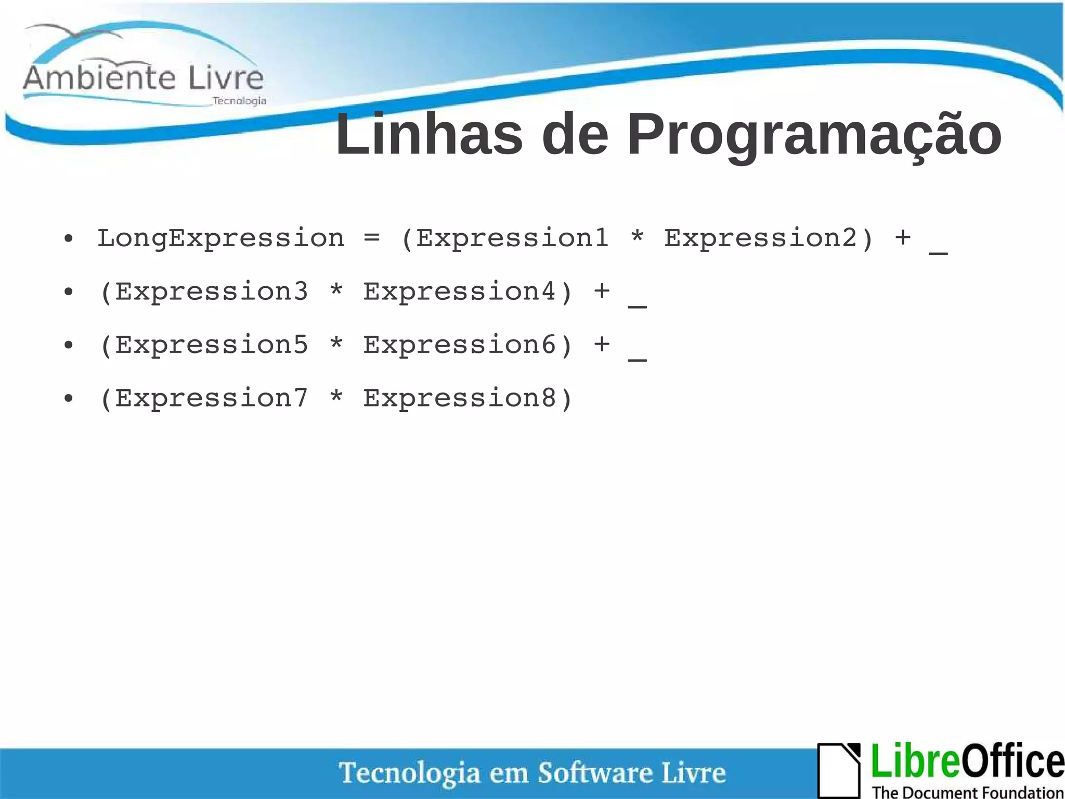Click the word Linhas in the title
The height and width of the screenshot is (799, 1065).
429,135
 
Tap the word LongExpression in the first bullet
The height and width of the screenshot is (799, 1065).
220,239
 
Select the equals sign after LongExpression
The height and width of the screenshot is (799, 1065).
371,238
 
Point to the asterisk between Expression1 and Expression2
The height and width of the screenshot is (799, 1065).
637,237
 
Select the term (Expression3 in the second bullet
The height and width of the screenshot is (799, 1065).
203,291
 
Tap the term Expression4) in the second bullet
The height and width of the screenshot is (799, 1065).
468,291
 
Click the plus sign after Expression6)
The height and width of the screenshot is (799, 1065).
602,344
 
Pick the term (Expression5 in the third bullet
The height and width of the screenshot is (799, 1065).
203,345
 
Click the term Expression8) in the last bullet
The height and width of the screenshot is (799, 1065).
468,399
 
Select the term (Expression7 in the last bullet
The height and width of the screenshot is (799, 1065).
203,399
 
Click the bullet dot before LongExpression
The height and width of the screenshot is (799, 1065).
69,239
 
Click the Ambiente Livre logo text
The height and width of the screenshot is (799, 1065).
144,78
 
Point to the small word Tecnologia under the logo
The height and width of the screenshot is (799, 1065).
239,101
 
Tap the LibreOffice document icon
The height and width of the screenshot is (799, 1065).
839,770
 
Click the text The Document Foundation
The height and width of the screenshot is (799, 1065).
967,792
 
